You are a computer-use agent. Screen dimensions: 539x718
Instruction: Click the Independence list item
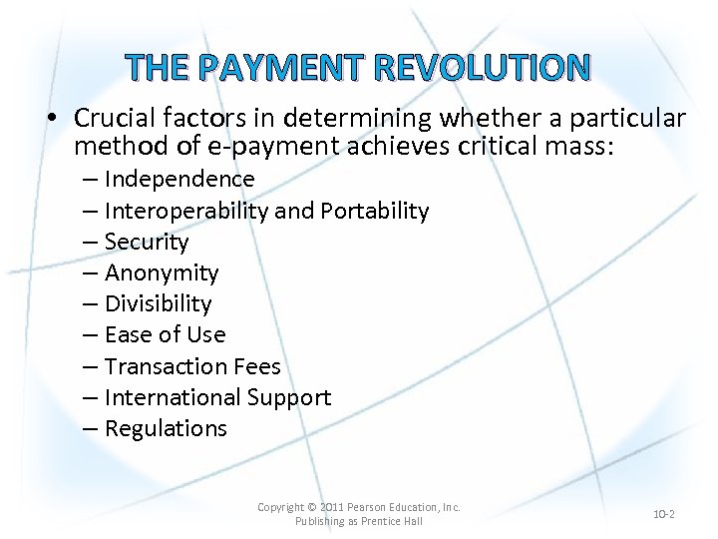click(179, 180)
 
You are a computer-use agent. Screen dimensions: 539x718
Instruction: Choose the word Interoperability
click(186, 211)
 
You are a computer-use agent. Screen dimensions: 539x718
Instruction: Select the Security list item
click(146, 242)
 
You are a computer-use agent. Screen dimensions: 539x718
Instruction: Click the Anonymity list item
click(162, 272)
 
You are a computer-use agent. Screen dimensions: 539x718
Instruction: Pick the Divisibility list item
click(158, 303)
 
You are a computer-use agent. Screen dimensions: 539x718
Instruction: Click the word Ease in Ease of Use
click(127, 334)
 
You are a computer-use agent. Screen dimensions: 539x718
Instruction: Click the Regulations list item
click(166, 429)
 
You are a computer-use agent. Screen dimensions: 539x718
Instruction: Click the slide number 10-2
click(664, 514)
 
